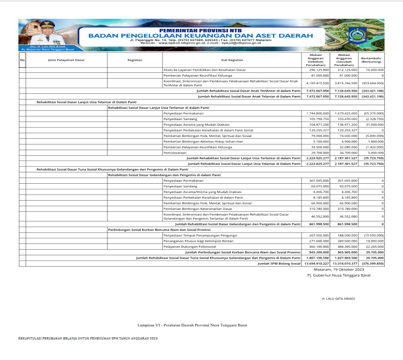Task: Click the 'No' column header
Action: (x=22, y=60)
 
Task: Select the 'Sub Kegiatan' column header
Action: (x=232, y=60)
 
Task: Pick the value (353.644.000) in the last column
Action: (x=372, y=83)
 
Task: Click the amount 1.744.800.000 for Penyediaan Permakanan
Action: (x=317, y=113)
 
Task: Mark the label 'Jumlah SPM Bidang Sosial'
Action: (x=279, y=264)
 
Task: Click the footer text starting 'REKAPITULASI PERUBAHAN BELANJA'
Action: (x=88, y=339)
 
